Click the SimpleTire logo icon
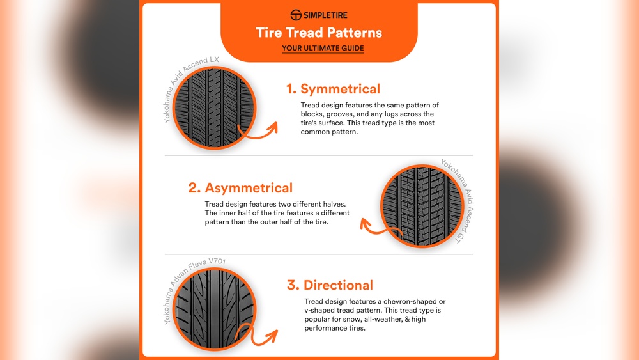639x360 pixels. click(x=296, y=15)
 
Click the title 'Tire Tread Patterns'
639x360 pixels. click(x=319, y=33)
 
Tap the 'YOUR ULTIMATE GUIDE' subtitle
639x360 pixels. click(x=323, y=48)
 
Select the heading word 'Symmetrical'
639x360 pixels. click(x=341, y=89)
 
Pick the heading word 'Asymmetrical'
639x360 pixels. click(x=249, y=187)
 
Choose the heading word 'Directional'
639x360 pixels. click(x=338, y=285)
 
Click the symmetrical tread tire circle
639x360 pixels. click(x=214, y=107)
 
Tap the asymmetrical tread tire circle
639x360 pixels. click(x=422, y=206)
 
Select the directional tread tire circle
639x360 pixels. click(x=214, y=309)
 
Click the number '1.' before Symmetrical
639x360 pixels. click(x=291, y=89)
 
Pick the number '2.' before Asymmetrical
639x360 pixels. click(x=194, y=188)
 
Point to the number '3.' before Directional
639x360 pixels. click(x=293, y=285)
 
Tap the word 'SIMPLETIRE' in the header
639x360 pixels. click(x=325, y=15)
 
